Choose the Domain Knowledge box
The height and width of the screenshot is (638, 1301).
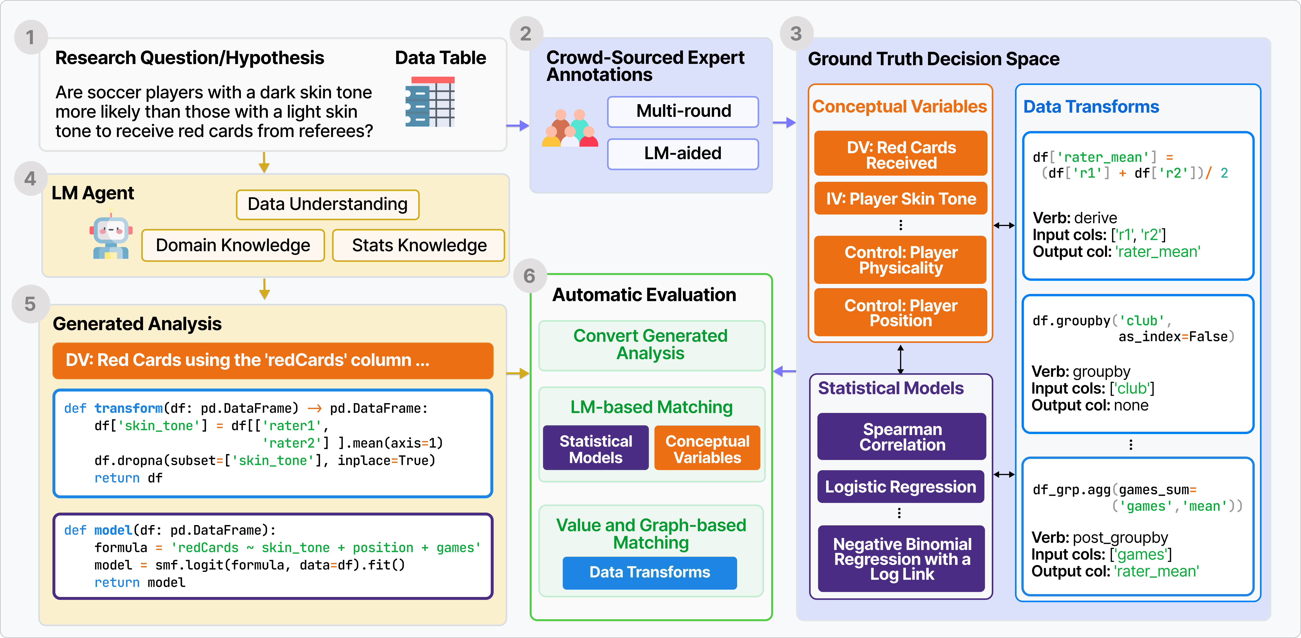[x=233, y=246]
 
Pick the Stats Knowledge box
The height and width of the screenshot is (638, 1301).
[x=419, y=246]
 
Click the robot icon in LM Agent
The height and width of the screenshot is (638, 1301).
[x=111, y=236]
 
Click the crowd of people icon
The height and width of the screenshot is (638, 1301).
[x=570, y=128]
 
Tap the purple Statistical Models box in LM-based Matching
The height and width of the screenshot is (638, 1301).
[x=596, y=448]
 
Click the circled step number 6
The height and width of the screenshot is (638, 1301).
[x=529, y=276]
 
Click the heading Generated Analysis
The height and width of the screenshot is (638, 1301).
[x=137, y=324]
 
